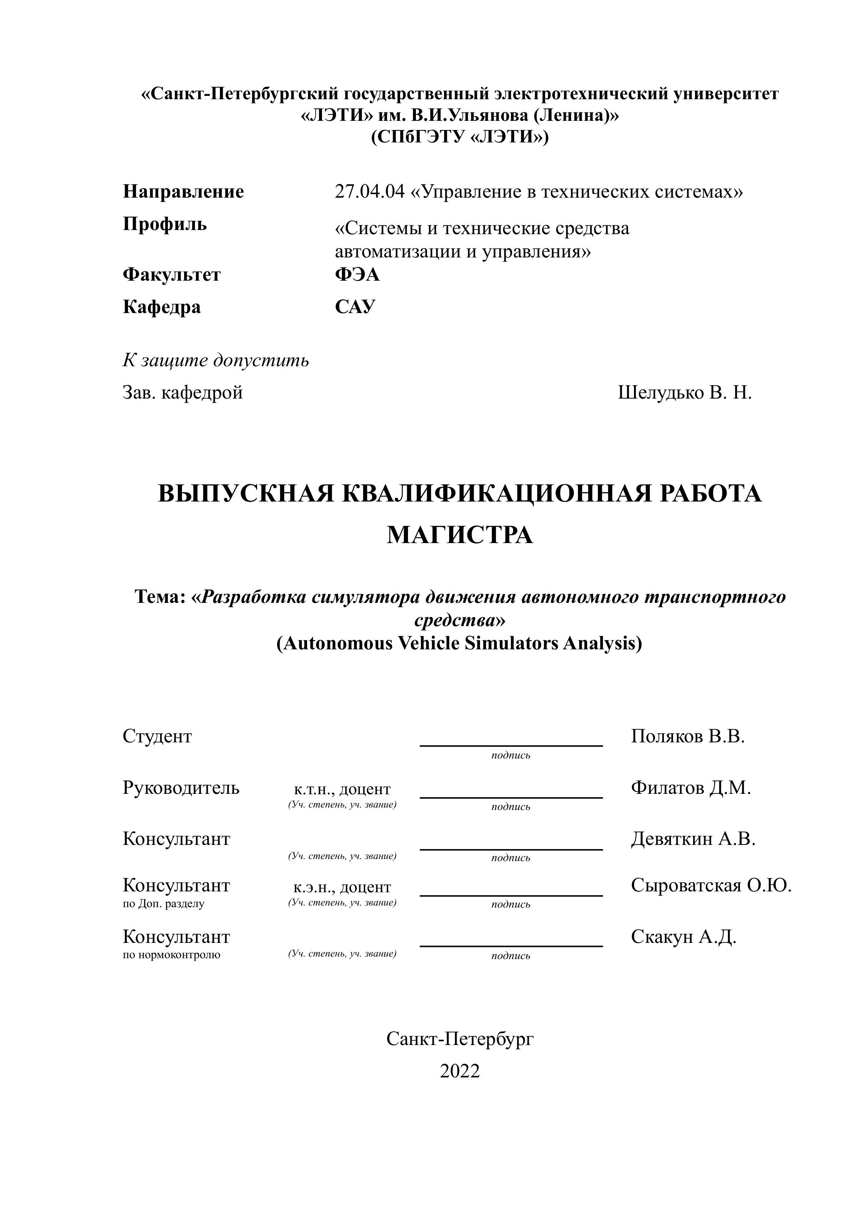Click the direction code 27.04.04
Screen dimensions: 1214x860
click(x=369, y=191)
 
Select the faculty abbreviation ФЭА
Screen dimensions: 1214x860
click(x=357, y=275)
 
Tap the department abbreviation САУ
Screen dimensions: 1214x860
click(x=355, y=307)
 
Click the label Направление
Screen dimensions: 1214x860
click(x=183, y=191)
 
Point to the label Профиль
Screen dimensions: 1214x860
click(x=165, y=224)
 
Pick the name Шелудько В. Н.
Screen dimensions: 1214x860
click(x=685, y=393)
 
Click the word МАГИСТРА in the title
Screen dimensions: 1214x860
click(x=459, y=535)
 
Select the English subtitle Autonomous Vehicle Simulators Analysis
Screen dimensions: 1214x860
click(x=459, y=643)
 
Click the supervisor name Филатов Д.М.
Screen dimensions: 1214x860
click(x=690, y=788)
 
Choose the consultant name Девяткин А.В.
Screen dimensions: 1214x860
click(x=693, y=839)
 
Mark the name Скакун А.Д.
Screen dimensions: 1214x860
click(x=683, y=937)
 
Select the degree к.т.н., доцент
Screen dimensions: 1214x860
click(x=342, y=790)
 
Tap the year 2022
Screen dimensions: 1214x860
click(x=459, y=1071)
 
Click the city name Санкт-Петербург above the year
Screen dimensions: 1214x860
click(x=459, y=1039)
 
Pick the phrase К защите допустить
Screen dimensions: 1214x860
click(x=216, y=360)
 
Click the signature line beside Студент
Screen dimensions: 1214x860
click(x=511, y=745)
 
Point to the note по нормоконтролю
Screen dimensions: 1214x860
click(x=172, y=955)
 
